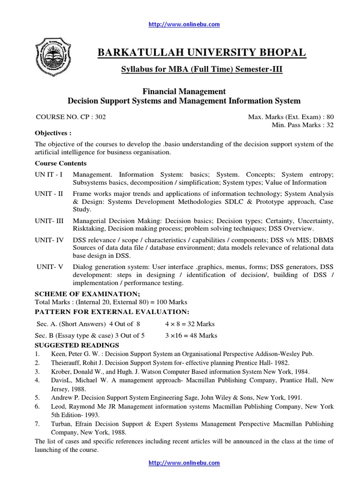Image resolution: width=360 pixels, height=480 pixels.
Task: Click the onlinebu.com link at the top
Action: click(x=184, y=24)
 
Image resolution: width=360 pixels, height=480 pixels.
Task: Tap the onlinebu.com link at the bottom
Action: click(x=184, y=463)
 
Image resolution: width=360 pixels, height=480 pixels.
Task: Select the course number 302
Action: click(x=100, y=117)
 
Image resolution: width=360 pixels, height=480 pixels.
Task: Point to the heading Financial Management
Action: click(x=184, y=91)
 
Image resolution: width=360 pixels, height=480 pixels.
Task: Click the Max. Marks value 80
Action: click(x=330, y=117)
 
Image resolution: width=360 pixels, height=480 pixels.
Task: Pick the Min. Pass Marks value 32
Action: click(x=330, y=125)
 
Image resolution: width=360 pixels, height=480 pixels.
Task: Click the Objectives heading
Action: click(x=53, y=133)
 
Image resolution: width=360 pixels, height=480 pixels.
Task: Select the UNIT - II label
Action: click(x=49, y=194)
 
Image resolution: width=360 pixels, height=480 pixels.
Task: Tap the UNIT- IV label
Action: click(x=49, y=240)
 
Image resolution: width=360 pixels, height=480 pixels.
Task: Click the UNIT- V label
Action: click(x=50, y=267)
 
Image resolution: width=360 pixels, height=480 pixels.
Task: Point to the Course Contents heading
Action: click(x=61, y=164)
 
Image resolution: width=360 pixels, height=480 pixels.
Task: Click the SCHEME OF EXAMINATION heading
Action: click(x=88, y=294)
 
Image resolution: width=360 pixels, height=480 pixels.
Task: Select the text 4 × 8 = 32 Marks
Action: click(x=190, y=324)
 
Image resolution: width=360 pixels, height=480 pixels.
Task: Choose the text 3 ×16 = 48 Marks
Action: click(x=191, y=336)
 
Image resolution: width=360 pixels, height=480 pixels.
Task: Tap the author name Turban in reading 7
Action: click(x=61, y=424)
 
